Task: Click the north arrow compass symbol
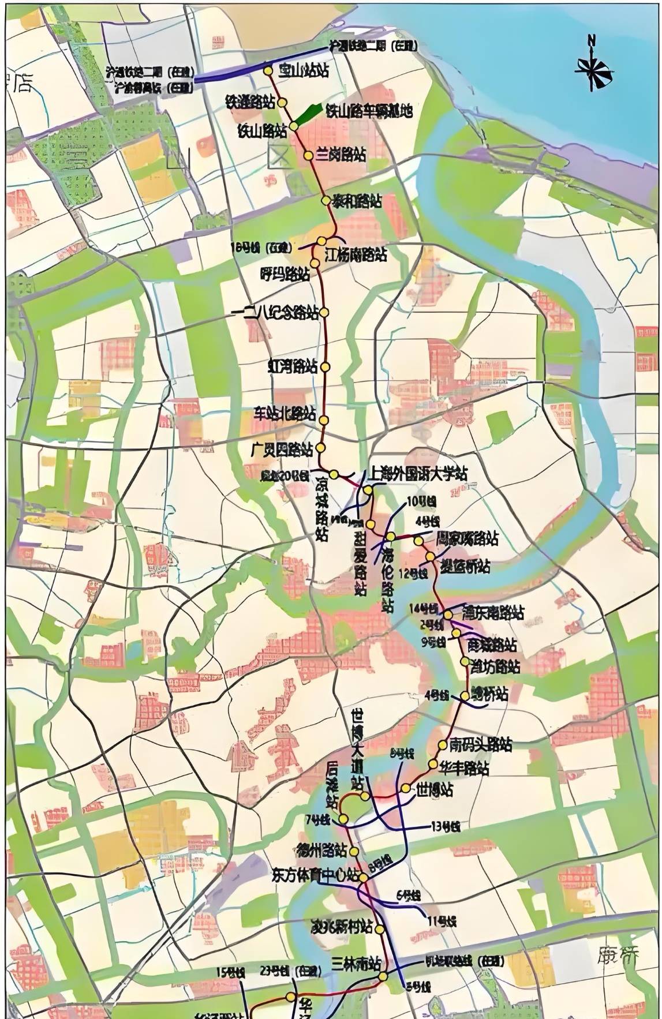click(593, 63)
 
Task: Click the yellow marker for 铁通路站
click(282, 102)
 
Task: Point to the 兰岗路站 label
click(342, 155)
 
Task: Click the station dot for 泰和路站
click(326, 200)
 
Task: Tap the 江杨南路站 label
click(356, 254)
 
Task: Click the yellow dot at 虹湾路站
click(325, 366)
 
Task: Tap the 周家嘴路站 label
click(466, 538)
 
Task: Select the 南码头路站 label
click(481, 744)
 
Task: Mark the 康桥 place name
click(619, 956)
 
